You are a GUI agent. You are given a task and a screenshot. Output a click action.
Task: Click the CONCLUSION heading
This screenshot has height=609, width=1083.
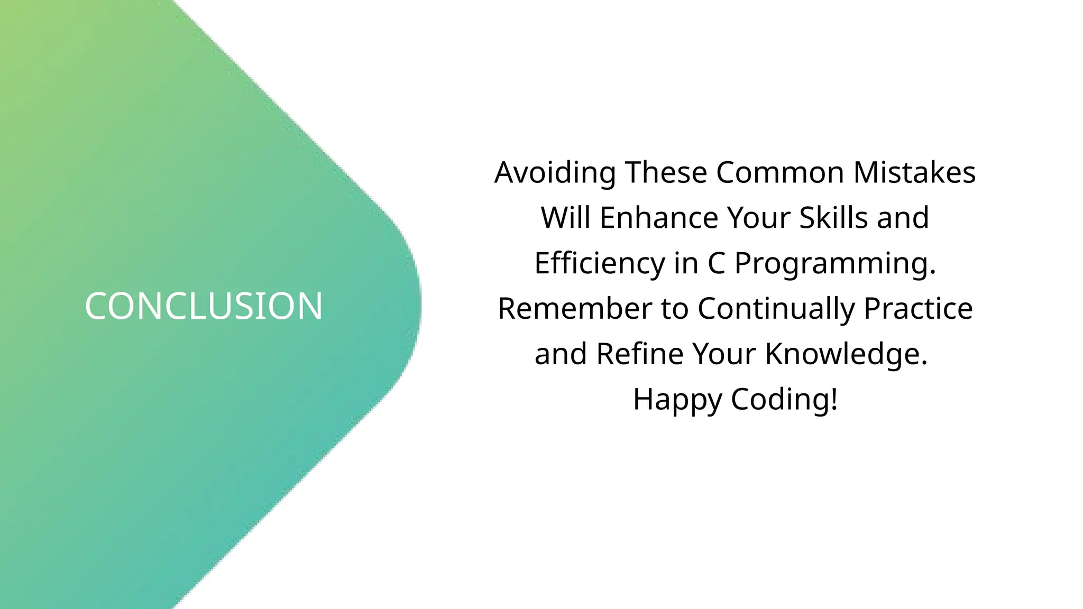[204, 307]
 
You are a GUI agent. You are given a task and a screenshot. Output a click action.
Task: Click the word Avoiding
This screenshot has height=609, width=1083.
[555, 173]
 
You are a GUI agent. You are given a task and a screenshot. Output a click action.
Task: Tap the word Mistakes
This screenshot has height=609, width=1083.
[914, 173]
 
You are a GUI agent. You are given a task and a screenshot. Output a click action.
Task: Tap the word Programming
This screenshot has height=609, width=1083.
[835, 263]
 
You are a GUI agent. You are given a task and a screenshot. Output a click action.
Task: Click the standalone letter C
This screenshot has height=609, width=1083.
[716, 263]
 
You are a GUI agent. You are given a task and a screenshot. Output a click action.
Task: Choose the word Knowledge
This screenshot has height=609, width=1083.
[846, 354]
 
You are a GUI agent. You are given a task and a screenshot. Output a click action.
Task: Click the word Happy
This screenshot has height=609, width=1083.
[677, 400]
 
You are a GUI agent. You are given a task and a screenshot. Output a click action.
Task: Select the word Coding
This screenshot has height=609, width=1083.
[779, 399]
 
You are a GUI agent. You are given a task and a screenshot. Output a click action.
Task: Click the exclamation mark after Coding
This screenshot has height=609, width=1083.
[834, 399]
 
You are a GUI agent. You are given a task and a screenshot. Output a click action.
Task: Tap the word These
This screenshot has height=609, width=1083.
[666, 173]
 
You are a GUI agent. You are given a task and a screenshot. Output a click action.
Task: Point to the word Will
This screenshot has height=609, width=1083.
[565, 218]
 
